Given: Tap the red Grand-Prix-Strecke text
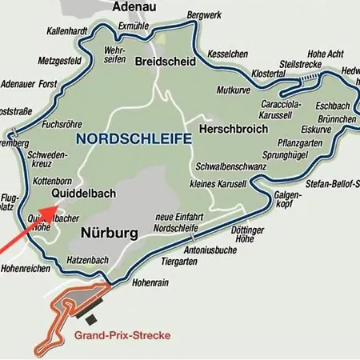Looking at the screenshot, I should click(122, 334).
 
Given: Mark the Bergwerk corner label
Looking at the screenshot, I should click(202, 15).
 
